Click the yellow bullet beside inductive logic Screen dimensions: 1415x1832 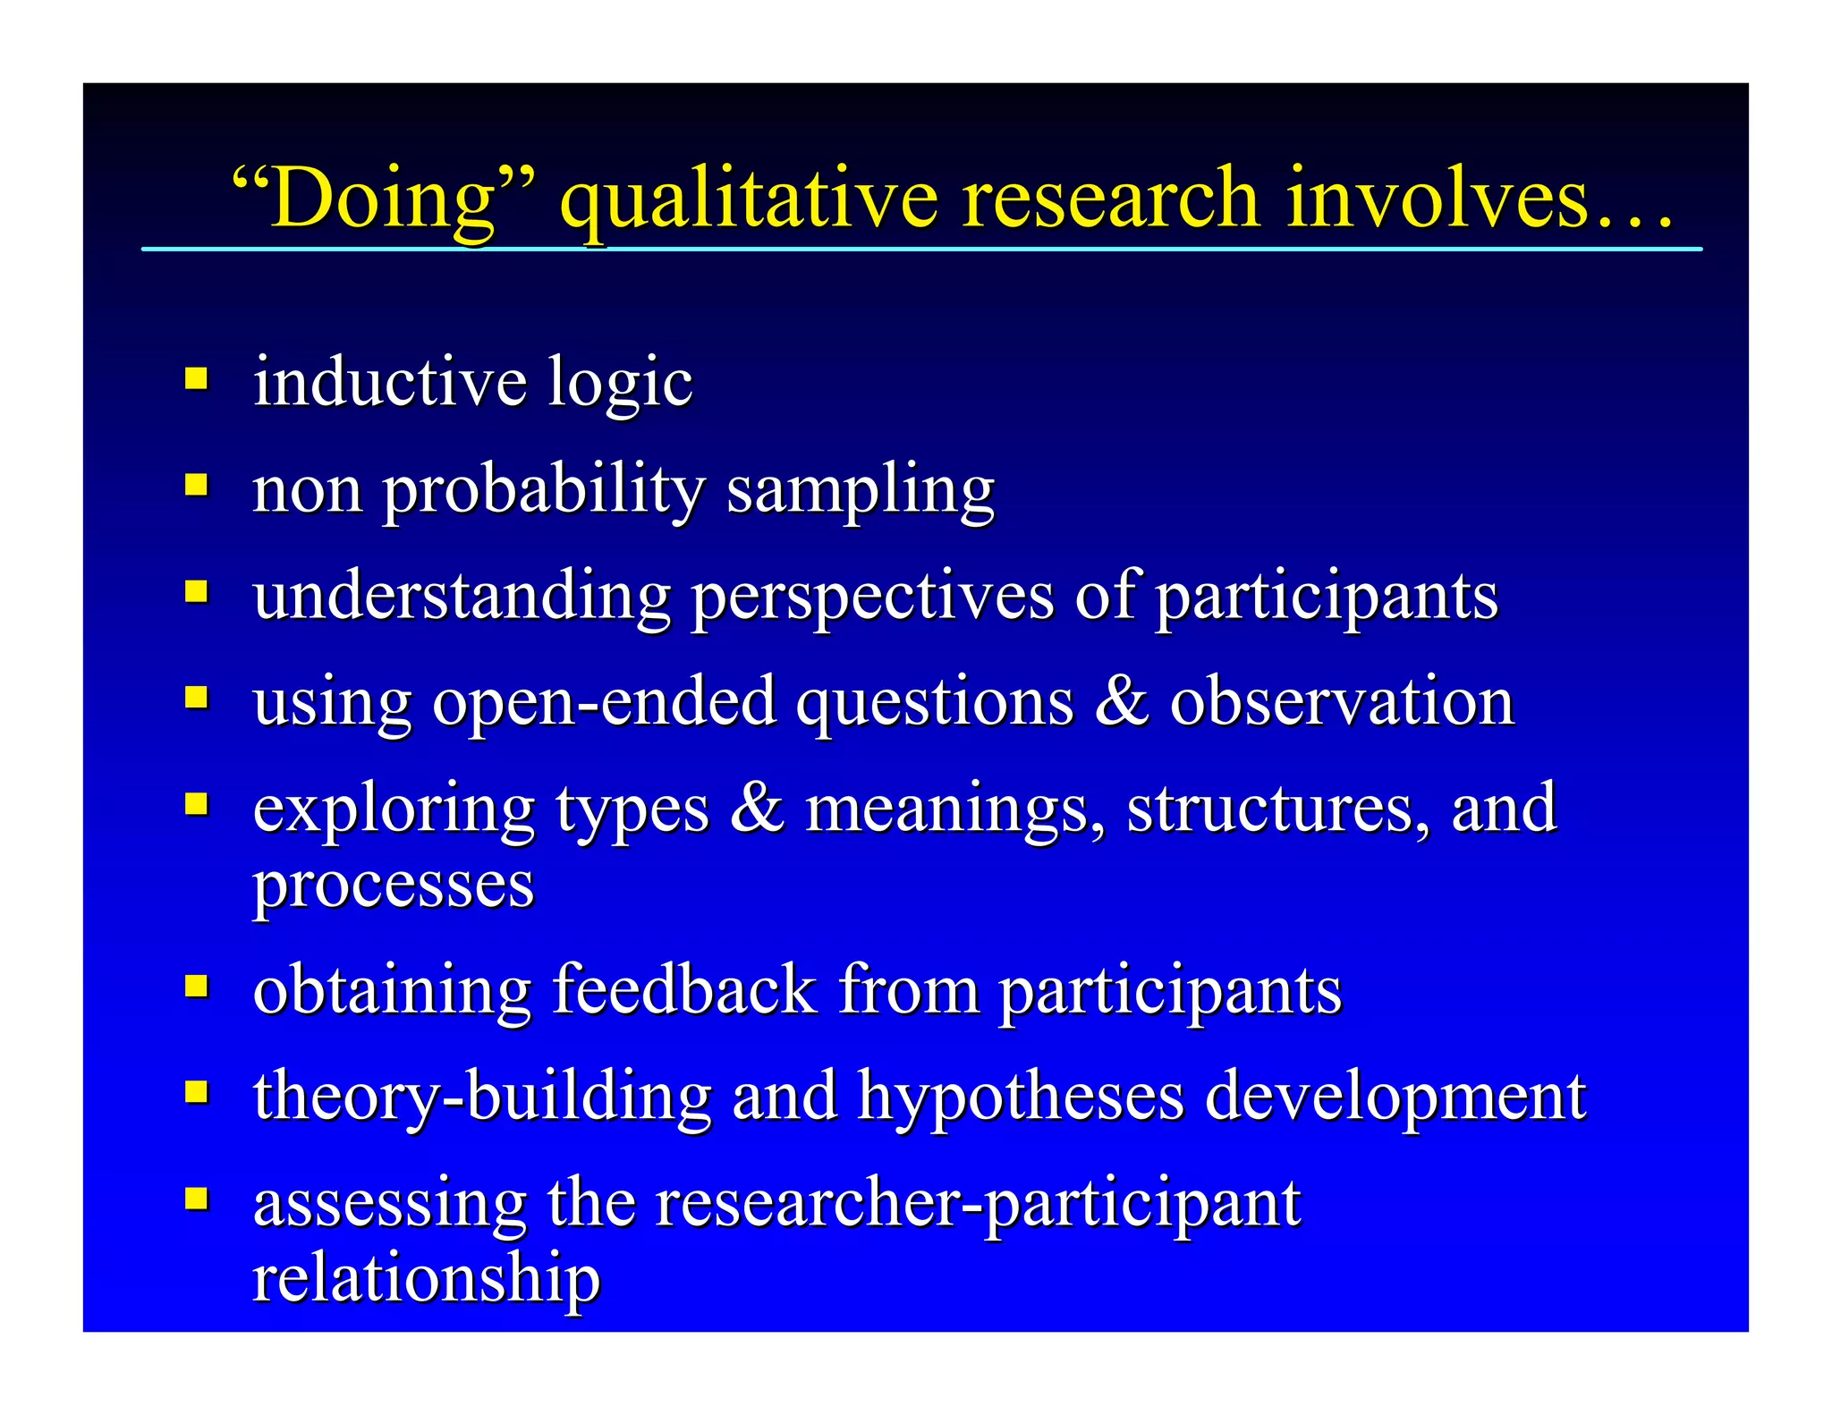click(197, 378)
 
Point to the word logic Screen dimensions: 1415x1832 click(620, 383)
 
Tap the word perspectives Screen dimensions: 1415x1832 click(873, 597)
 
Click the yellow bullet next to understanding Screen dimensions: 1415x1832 click(197, 591)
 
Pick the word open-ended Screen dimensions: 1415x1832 click(604, 702)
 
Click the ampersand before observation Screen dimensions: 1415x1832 click(1121, 700)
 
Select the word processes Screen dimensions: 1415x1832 click(394, 885)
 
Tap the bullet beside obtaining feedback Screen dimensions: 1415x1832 click(197, 986)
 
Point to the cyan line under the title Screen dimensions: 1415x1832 click(921, 249)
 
